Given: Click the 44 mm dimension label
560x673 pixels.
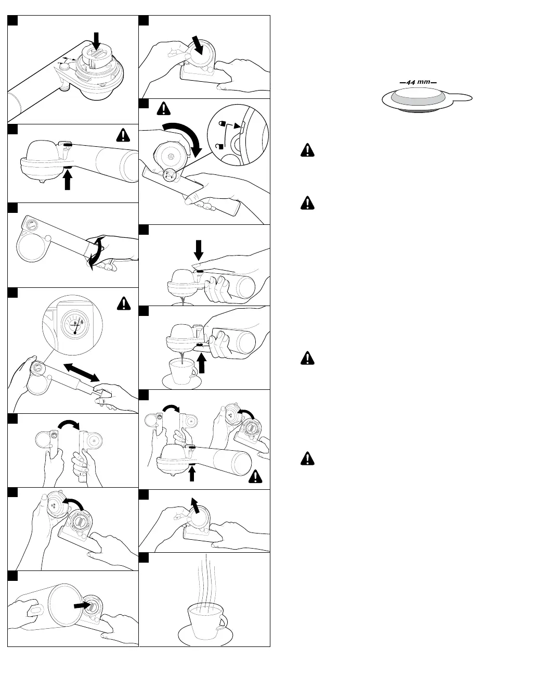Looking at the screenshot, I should (418, 82).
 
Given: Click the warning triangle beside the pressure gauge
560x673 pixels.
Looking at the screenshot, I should (123, 302).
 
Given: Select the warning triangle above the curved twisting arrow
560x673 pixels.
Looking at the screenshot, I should (164, 108).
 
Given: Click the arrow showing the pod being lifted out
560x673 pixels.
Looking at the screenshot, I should (195, 504).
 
